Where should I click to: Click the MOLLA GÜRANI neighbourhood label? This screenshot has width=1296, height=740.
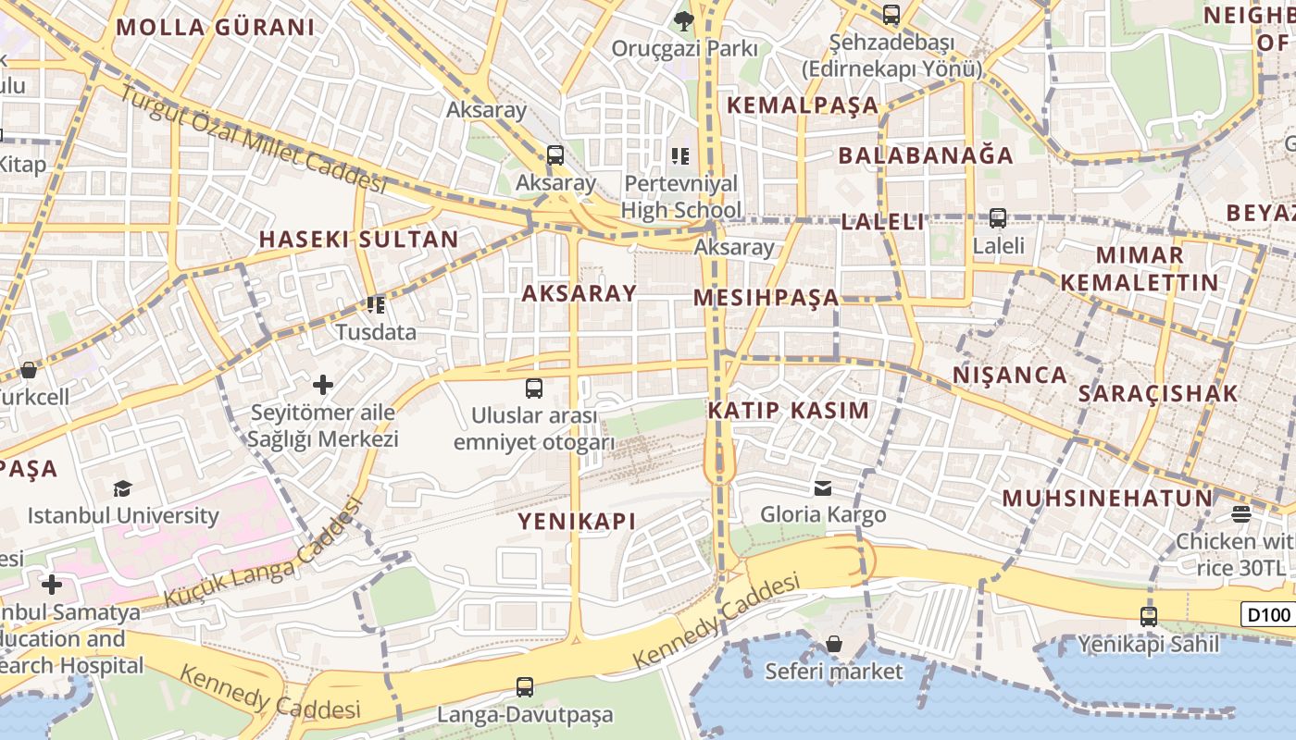pos(216,27)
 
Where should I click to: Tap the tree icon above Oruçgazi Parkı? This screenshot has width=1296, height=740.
pos(684,18)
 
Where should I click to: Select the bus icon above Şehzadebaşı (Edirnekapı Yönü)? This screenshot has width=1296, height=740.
pos(891,15)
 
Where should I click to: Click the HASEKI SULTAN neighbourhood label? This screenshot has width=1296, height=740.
pos(358,239)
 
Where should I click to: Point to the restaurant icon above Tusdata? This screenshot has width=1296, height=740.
pos(376,304)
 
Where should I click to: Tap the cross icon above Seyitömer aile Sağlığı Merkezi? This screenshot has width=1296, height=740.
pos(323,384)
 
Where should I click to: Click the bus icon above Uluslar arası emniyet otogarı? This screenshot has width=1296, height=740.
pos(534,388)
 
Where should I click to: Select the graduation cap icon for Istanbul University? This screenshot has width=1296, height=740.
pos(123,488)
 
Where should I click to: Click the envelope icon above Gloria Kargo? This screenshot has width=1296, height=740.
pos(823,487)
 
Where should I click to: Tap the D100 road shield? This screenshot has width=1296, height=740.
pos(1267,614)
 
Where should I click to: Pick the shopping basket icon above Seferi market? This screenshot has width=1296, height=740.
pos(834,643)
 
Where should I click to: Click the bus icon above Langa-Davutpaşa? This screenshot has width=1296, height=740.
pos(525,686)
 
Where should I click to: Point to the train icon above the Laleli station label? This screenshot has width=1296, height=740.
pos(998,218)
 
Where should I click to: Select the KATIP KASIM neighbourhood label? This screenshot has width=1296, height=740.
pos(789,411)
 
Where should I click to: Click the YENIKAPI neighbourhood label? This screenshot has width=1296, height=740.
pos(577,521)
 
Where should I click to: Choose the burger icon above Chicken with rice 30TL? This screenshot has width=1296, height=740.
pos(1241,514)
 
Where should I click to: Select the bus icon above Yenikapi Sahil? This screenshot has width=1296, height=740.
pos(1149,616)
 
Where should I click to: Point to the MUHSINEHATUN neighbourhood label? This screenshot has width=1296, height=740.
pos(1107,499)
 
